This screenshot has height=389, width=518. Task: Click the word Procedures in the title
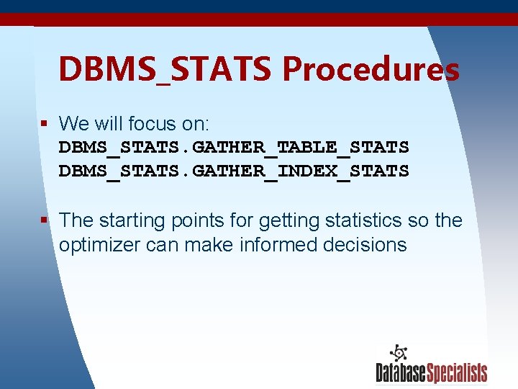coord(371,70)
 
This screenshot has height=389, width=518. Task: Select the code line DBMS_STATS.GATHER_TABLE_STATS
coord(234,148)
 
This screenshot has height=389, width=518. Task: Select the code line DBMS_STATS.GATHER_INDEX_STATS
coord(234,171)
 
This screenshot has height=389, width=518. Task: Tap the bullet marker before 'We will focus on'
coord(45,123)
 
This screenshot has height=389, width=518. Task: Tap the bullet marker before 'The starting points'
coord(45,220)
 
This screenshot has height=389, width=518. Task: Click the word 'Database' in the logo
coord(401,372)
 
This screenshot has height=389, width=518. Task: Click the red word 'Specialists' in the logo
coord(457,372)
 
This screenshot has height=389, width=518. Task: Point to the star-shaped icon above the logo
coord(398,352)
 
